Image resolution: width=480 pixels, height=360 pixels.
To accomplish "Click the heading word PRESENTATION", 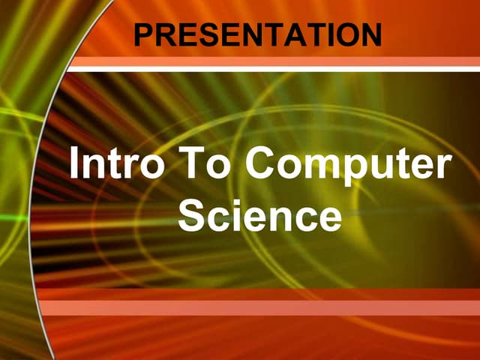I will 257,34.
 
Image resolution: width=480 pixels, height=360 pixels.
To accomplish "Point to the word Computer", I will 349,166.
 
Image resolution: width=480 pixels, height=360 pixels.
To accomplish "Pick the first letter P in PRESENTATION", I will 142,34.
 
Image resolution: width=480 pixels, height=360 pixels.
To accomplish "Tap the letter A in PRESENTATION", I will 302,34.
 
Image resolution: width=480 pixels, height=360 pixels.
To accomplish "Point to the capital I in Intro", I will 74,164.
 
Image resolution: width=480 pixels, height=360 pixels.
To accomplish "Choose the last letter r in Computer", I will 445,168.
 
